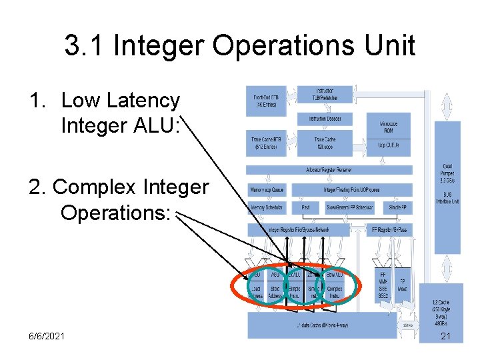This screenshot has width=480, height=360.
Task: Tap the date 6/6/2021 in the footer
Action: [47, 335]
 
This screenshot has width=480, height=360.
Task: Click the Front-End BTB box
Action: [267, 99]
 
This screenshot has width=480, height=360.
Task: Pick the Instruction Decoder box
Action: [325, 118]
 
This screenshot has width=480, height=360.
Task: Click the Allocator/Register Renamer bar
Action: [338, 170]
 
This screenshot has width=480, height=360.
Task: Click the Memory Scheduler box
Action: [267, 209]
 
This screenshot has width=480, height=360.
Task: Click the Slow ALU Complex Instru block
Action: [335, 283]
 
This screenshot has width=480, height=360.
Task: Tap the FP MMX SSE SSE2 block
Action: [383, 283]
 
